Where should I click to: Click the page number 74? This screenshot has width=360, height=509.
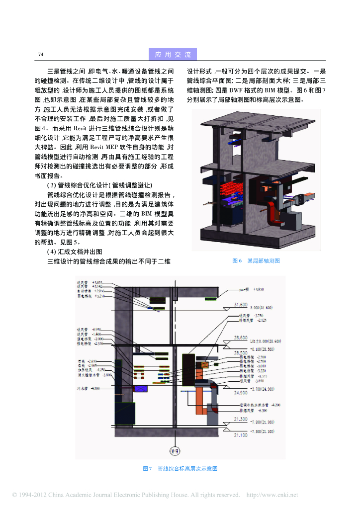coord(41,54)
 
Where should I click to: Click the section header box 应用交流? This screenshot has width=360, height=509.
coord(173,54)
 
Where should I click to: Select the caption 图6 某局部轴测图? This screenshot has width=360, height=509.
coord(257,261)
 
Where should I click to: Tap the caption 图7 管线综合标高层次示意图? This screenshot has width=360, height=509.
coord(180,469)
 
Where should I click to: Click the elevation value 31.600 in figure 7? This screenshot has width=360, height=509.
coord(240,304)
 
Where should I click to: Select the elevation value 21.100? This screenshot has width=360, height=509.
coord(241,435)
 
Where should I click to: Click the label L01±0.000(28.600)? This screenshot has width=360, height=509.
coord(266,341)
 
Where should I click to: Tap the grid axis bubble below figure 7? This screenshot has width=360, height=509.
coord(175,451)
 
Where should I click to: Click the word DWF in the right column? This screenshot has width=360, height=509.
coord(235,90)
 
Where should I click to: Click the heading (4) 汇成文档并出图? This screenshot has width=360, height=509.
coord(75,252)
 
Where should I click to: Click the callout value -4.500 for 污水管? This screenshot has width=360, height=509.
coord(96,388)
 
